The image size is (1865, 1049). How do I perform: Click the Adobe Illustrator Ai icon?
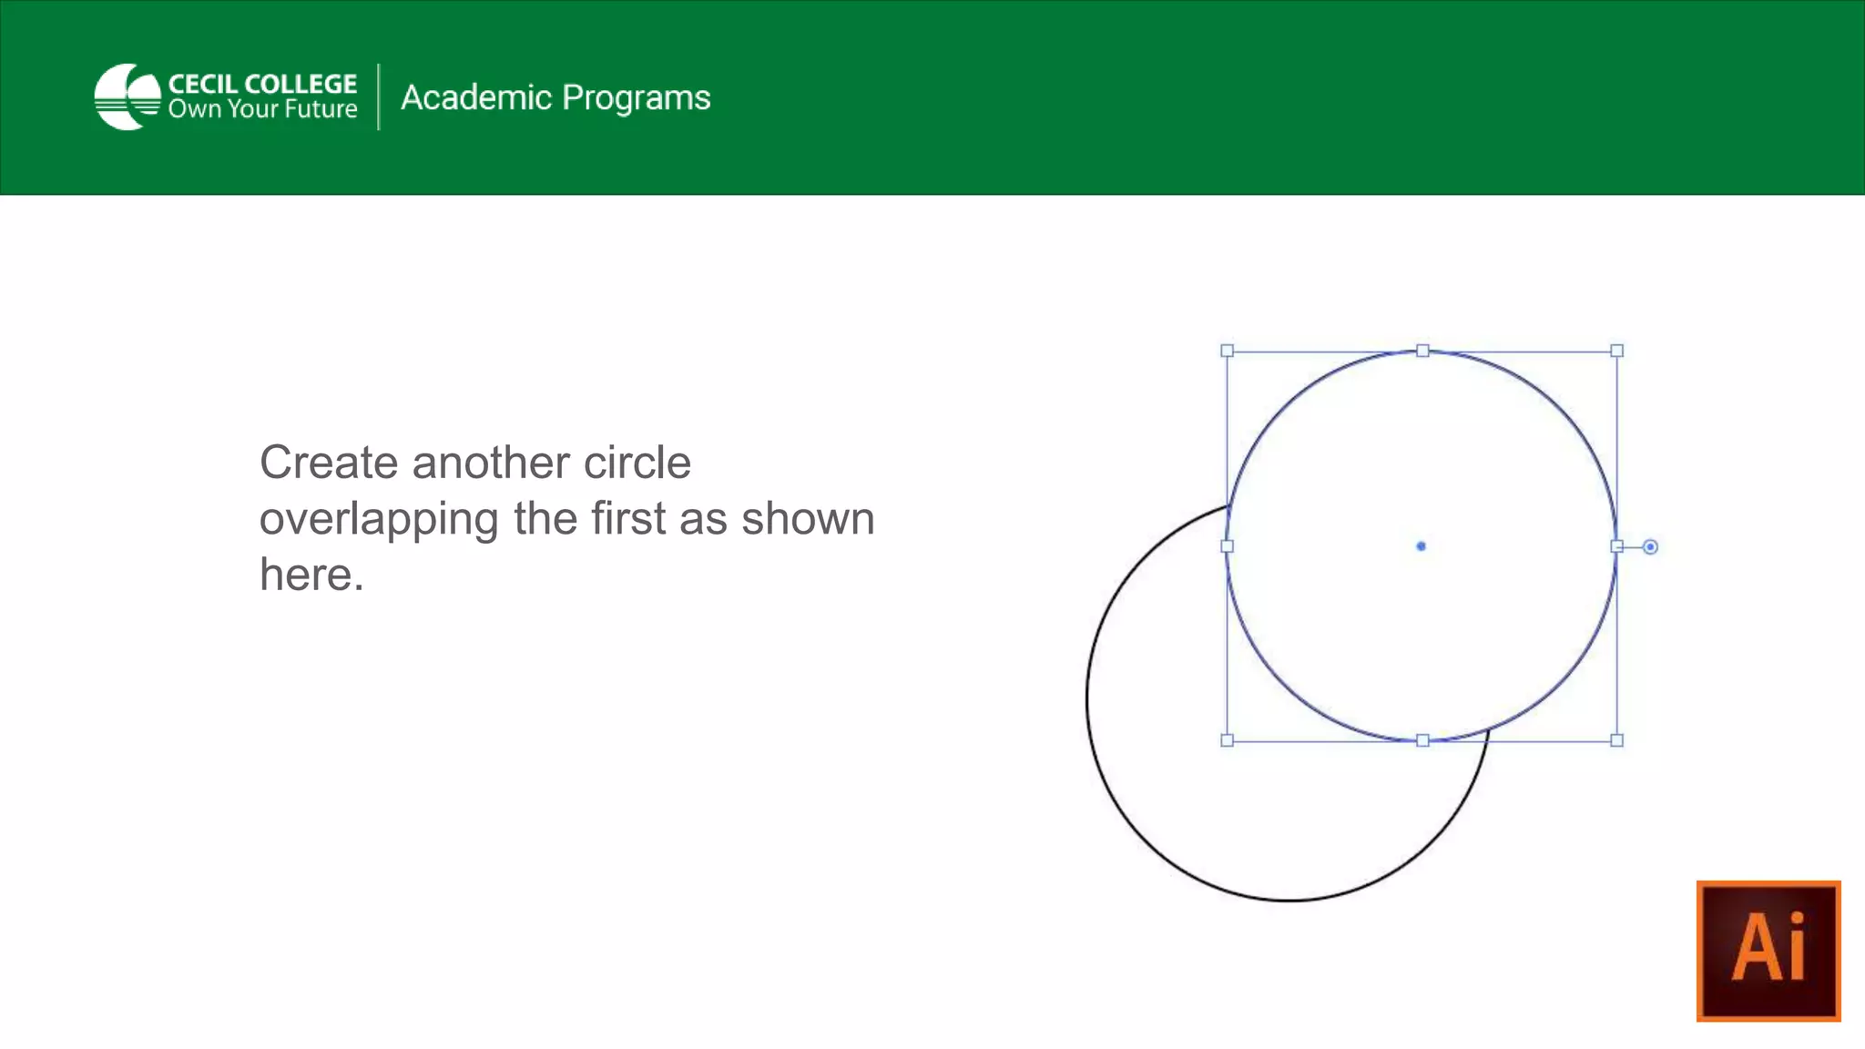click(x=1768, y=950)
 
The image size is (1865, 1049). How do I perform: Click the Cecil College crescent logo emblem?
click(x=127, y=97)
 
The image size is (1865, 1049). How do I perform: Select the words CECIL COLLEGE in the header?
click(x=262, y=84)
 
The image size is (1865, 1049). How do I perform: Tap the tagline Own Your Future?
click(x=262, y=109)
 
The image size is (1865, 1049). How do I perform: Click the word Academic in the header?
click(x=476, y=97)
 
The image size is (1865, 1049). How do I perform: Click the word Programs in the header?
click(x=636, y=98)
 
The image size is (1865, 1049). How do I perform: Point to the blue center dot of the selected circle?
click(x=1421, y=546)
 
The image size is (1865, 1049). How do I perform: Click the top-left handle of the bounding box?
click(x=1227, y=351)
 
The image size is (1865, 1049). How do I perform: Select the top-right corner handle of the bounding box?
click(x=1616, y=351)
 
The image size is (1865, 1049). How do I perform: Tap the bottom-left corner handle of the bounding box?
click(x=1227, y=740)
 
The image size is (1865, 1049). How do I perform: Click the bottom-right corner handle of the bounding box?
click(x=1616, y=740)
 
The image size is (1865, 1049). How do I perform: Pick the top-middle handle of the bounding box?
click(x=1422, y=351)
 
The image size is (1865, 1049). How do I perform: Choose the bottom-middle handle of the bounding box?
click(x=1422, y=740)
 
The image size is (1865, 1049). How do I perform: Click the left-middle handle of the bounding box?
click(x=1227, y=546)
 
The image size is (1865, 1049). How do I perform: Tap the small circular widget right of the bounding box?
click(x=1650, y=547)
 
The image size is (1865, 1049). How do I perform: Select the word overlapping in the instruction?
click(x=378, y=519)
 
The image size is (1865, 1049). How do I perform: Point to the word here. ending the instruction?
click(x=311, y=575)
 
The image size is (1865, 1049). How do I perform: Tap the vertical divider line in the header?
click(x=379, y=97)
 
